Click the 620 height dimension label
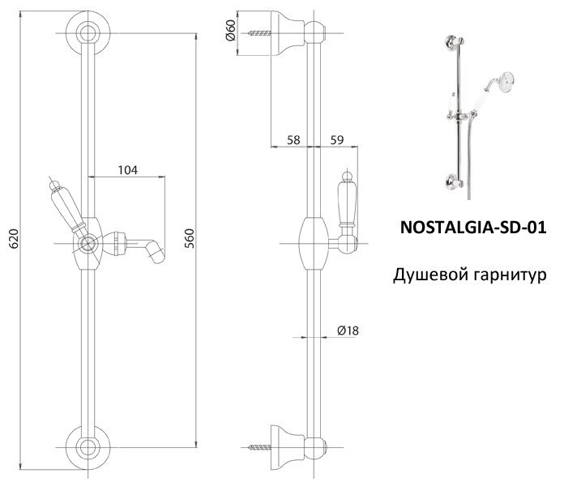[14, 240]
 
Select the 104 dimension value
[127, 170]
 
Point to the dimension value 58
[293, 140]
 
